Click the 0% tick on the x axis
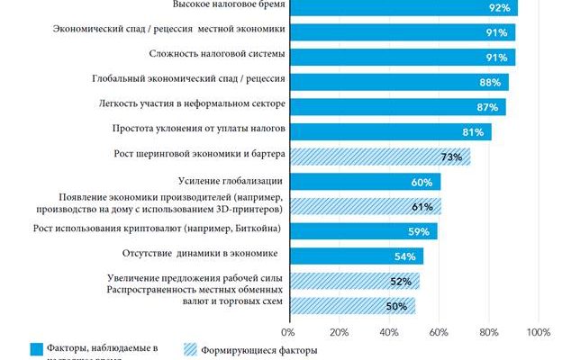(289, 333)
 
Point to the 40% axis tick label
(389, 333)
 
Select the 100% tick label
(538, 333)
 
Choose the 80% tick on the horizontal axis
(489, 333)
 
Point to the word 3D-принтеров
(254, 208)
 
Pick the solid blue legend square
(37, 348)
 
